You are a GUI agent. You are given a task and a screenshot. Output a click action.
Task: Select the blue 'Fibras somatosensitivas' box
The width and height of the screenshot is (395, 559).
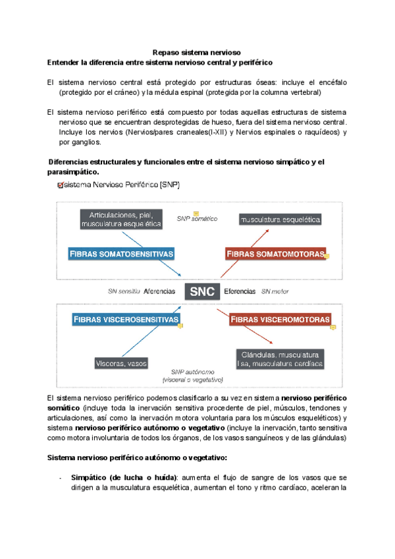click(122, 254)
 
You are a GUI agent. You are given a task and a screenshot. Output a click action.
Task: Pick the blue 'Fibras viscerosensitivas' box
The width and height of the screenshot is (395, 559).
click(126, 320)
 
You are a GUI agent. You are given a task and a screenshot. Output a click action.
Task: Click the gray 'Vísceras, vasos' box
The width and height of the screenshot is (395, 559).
click(121, 363)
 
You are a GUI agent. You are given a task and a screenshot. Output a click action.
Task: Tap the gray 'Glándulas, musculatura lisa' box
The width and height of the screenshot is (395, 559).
click(280, 359)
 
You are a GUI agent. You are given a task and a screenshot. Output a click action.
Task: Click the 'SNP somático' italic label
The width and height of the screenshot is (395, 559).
click(196, 218)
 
